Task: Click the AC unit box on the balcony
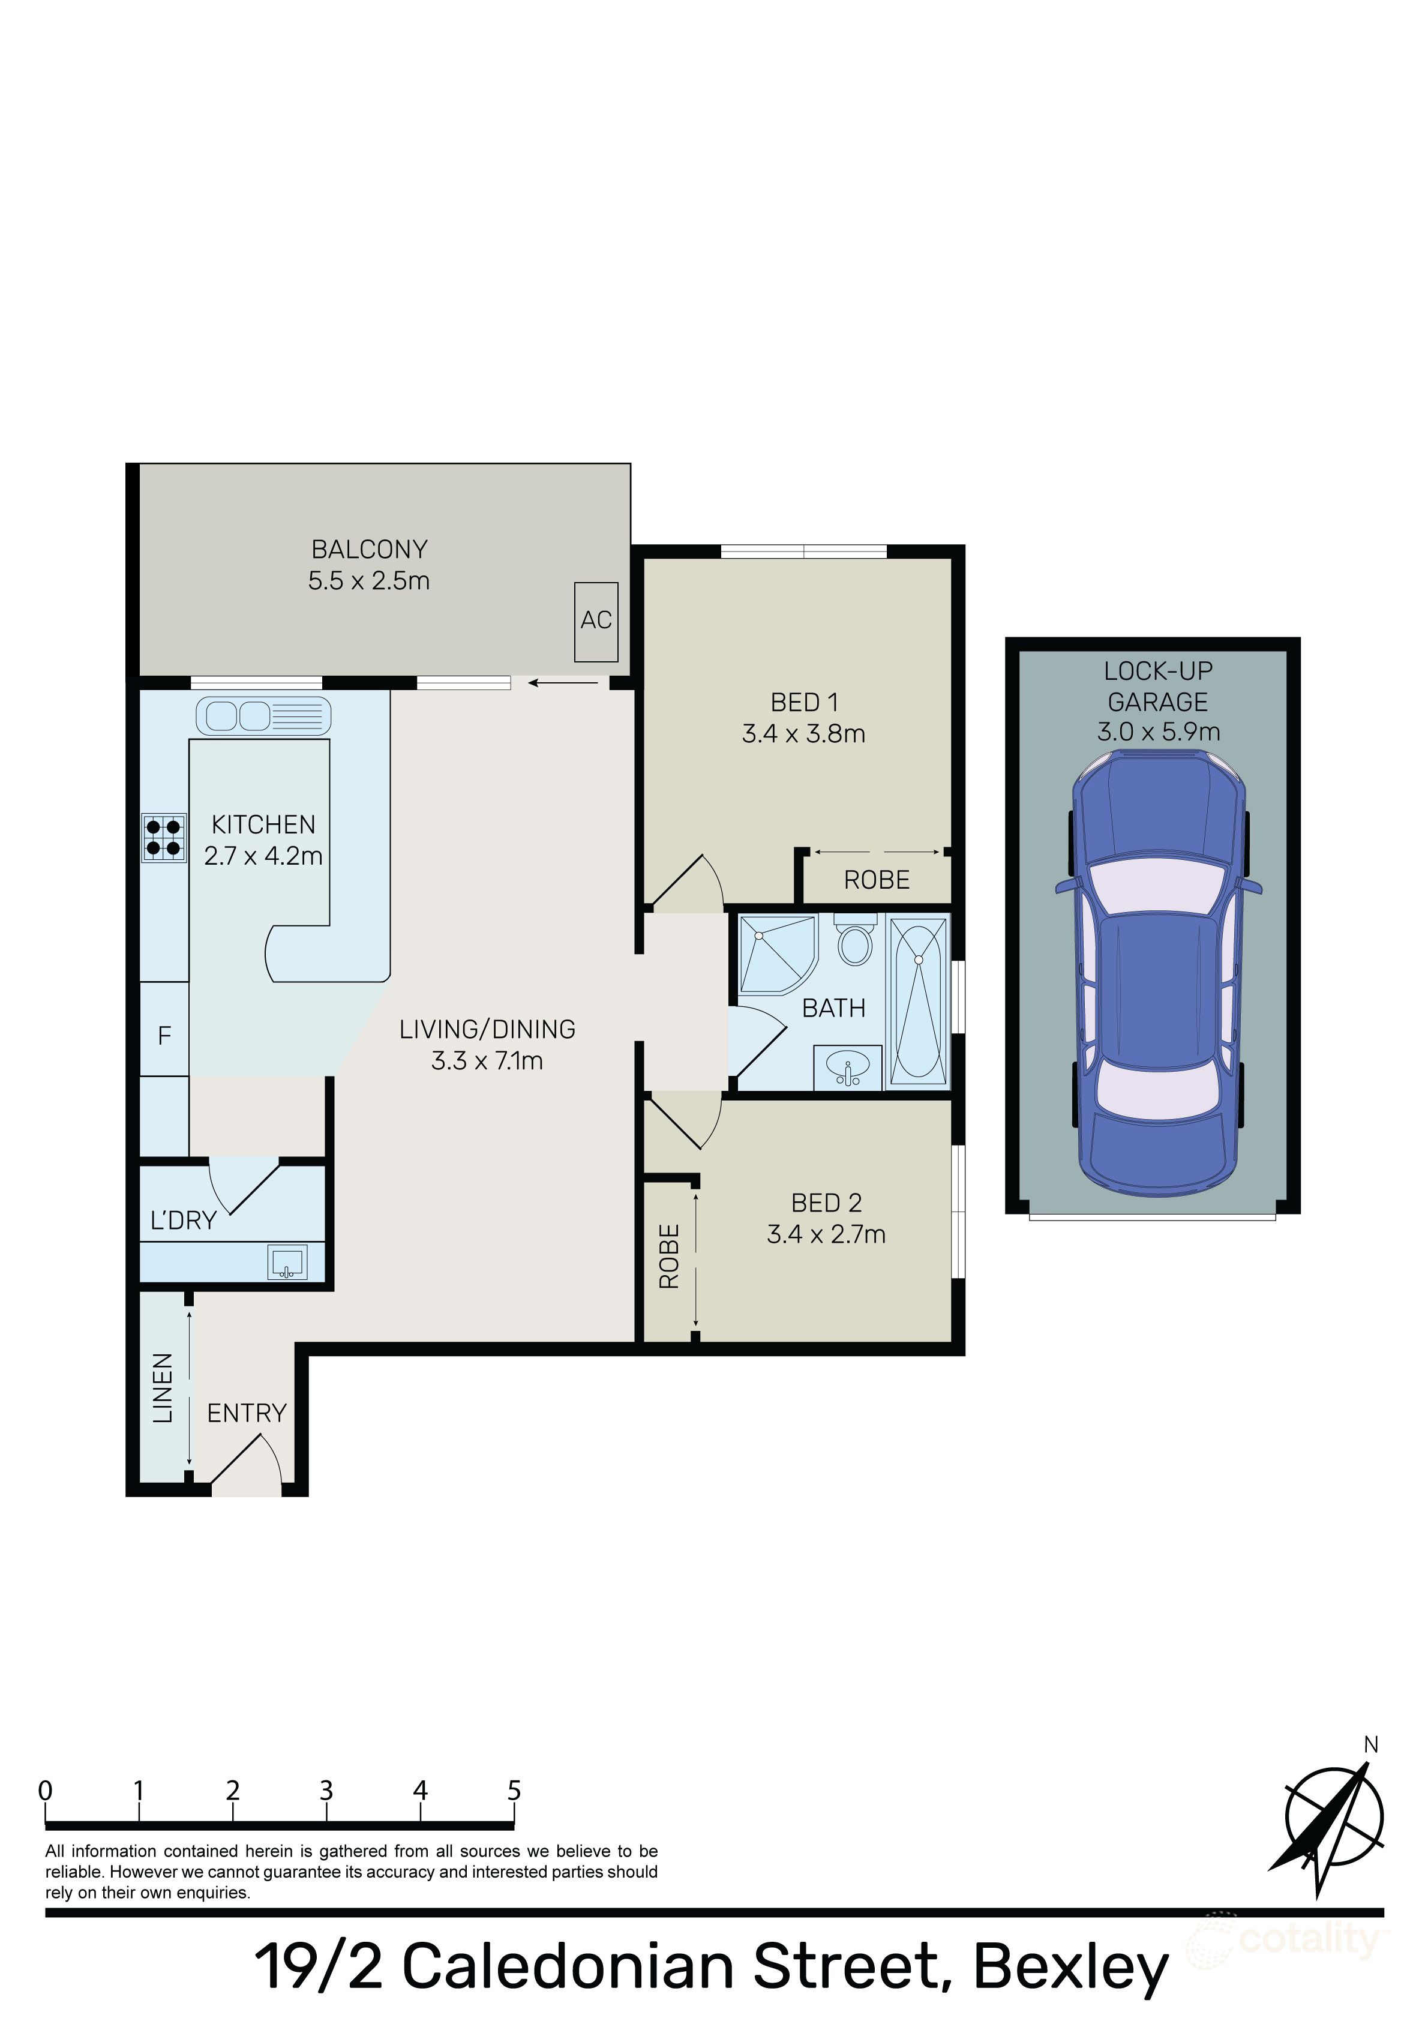point(595,622)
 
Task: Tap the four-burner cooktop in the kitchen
point(164,837)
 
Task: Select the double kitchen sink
point(262,716)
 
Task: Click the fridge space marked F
point(164,1036)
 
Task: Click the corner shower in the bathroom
point(775,953)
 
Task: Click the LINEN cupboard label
point(163,1388)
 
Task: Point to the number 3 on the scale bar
point(326,1791)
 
